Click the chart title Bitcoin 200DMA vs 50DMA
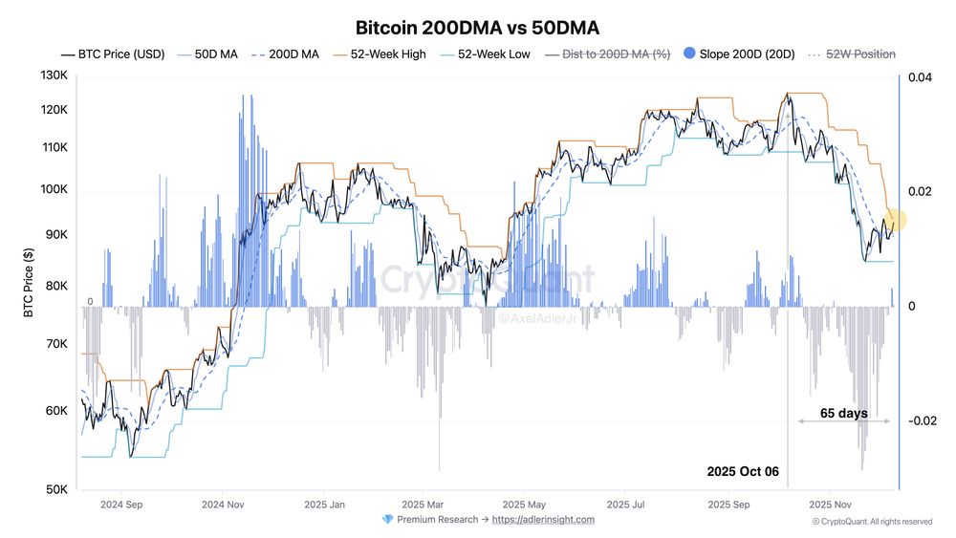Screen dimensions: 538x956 coord(477,27)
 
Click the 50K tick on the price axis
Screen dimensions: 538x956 coord(56,490)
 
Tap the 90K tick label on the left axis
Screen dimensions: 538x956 coord(56,234)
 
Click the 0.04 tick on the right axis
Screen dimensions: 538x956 coord(919,76)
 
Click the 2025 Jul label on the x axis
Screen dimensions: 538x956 coord(627,504)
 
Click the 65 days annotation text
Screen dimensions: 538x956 coord(844,413)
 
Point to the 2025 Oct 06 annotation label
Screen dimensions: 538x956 coord(743,471)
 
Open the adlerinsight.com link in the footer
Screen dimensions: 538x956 coord(543,520)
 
